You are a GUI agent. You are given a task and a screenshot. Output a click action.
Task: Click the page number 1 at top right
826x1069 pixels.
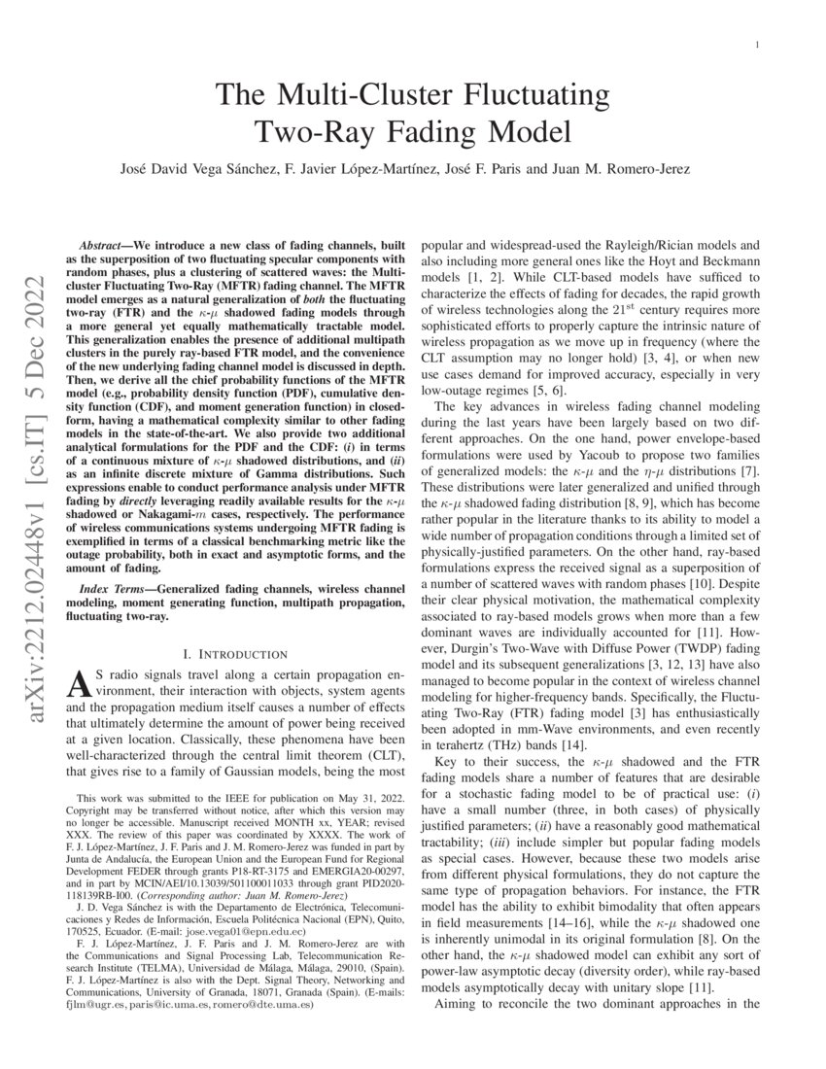point(756,46)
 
